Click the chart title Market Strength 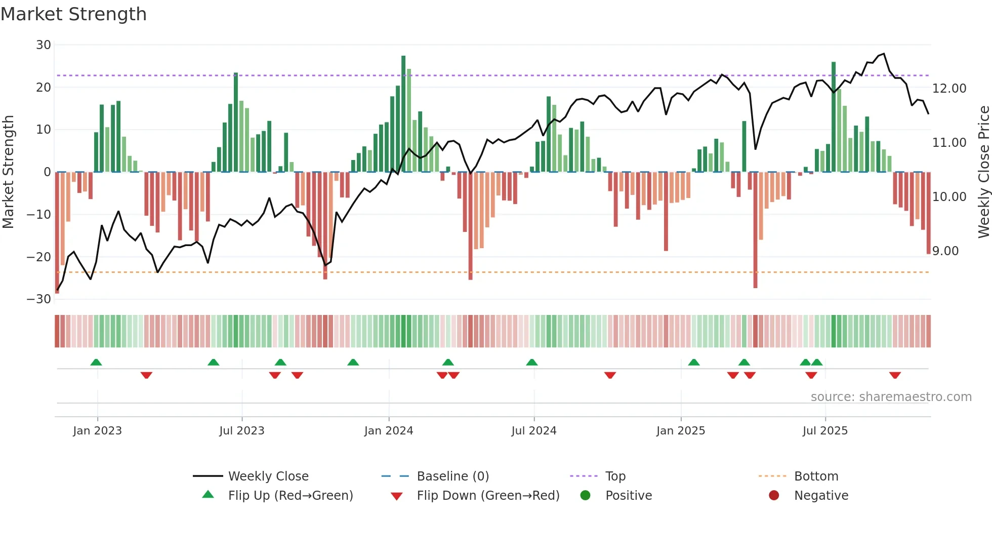[x=73, y=14]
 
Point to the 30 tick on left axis [x=44, y=45]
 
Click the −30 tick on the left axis [x=39, y=299]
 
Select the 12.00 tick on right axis [x=949, y=89]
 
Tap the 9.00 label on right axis [x=945, y=251]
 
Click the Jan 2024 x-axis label [x=388, y=431]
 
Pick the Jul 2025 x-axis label [x=824, y=431]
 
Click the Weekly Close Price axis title [x=983, y=172]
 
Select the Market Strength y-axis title [x=8, y=172]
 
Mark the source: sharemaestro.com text [x=891, y=397]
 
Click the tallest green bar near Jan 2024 [x=403, y=114]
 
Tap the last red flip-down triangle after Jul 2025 [x=894, y=375]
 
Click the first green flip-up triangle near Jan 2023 [x=96, y=362]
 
